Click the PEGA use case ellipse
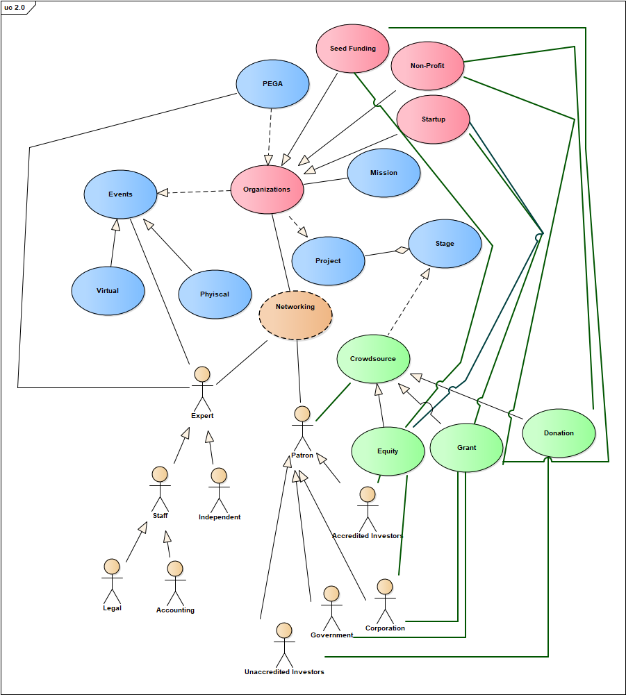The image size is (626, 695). [272, 83]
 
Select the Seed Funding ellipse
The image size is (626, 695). [352, 49]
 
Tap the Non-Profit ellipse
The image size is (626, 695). [427, 66]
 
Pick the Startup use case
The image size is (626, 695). [433, 119]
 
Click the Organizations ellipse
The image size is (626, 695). [267, 190]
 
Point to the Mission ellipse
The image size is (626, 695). [384, 173]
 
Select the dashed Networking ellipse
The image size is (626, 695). [295, 315]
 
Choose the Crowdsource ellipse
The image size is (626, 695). [373, 359]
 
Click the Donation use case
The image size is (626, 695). [559, 433]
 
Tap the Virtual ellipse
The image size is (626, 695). [108, 291]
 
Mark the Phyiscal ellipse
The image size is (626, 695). [215, 294]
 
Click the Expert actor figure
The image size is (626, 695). [202, 389]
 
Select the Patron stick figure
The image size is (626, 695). [302, 428]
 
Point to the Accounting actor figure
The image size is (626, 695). [175, 583]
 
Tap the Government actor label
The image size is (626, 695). [332, 635]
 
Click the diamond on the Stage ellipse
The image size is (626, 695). [400, 250]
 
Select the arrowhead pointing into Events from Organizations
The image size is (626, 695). [163, 193]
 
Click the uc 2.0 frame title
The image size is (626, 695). [15, 7]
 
